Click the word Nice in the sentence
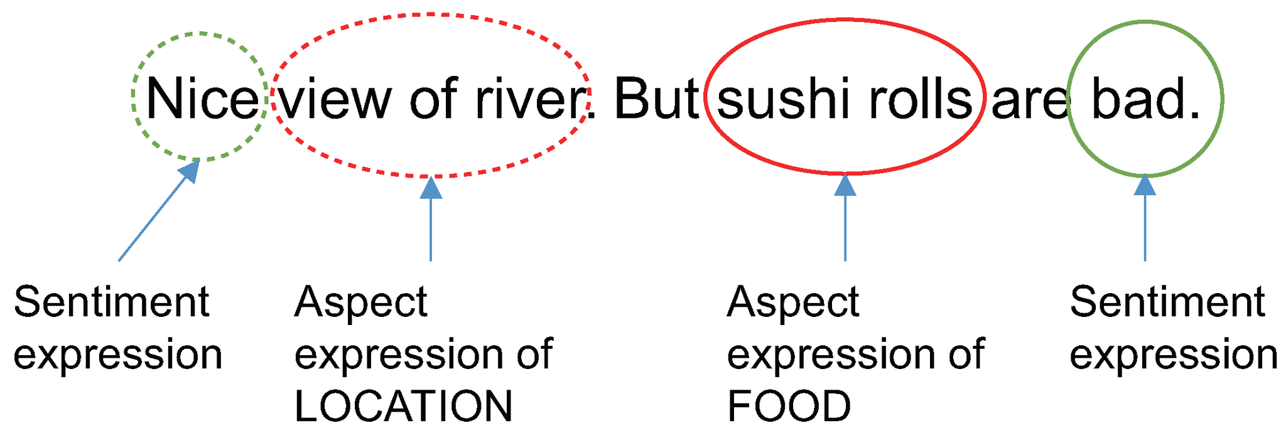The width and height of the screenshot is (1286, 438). pyautogui.click(x=202, y=99)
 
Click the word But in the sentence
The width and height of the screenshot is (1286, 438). pyautogui.click(x=656, y=99)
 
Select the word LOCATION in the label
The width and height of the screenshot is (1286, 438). pyautogui.click(x=403, y=406)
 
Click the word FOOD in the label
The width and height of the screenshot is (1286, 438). pyautogui.click(x=789, y=406)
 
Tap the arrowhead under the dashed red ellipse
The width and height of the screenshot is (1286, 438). pyautogui.click(x=431, y=188)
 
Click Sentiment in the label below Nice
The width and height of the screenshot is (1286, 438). pyautogui.click(x=111, y=302)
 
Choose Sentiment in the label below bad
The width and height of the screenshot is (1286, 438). pyautogui.click(x=1167, y=302)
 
